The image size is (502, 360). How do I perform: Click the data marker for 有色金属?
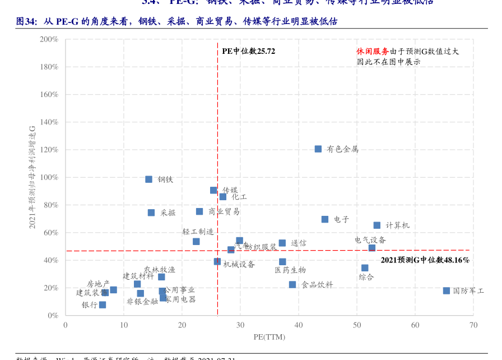318,149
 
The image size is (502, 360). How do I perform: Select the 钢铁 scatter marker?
149,179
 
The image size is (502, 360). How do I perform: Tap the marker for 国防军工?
447,290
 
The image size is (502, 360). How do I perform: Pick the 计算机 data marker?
377,225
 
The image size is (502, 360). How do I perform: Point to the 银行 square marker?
103,305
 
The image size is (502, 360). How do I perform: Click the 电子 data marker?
325,219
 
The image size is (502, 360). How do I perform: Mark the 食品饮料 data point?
292,285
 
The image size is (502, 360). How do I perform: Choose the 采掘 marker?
151,213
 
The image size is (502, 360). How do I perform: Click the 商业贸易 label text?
224,211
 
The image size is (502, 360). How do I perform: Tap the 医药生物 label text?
290,270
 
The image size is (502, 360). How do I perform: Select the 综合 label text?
366,277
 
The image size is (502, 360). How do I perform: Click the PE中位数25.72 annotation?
249,51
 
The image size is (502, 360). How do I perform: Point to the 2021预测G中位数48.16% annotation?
425,260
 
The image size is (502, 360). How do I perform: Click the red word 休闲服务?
373,51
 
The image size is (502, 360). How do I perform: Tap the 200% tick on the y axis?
49,39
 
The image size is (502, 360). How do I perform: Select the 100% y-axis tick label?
49,177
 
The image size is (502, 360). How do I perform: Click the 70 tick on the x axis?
473,325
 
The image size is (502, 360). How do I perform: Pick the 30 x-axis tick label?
240,325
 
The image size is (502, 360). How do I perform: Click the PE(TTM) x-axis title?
269,337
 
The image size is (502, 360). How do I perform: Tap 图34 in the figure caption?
26,22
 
